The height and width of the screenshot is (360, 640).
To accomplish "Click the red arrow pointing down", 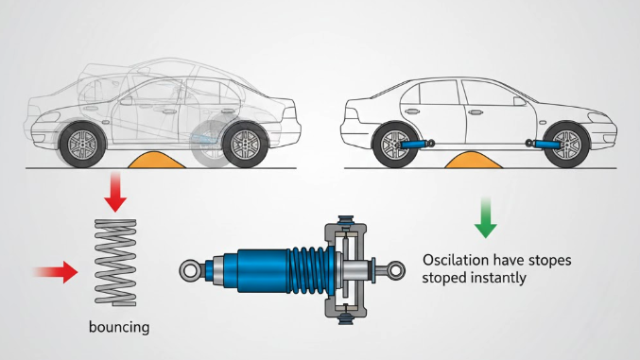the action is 115,192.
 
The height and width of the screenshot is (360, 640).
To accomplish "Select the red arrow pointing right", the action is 57,272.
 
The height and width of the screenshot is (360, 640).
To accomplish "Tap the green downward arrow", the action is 485,218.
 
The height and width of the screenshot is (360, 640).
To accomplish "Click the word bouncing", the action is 119,327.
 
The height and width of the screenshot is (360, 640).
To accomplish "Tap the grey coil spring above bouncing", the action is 115,263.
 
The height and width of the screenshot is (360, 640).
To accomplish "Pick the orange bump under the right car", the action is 474,160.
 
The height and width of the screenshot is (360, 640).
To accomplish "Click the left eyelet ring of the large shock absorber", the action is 190,270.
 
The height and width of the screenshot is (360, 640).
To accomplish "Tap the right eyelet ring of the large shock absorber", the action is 395,270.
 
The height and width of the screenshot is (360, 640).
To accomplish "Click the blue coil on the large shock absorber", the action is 312,270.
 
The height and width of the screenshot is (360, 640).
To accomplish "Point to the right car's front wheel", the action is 566,145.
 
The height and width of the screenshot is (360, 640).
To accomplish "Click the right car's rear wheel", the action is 395,145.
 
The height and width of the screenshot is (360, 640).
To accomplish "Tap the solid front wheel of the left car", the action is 82,145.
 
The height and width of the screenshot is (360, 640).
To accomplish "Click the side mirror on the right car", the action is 520,101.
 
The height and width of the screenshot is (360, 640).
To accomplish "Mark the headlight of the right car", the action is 599,118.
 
